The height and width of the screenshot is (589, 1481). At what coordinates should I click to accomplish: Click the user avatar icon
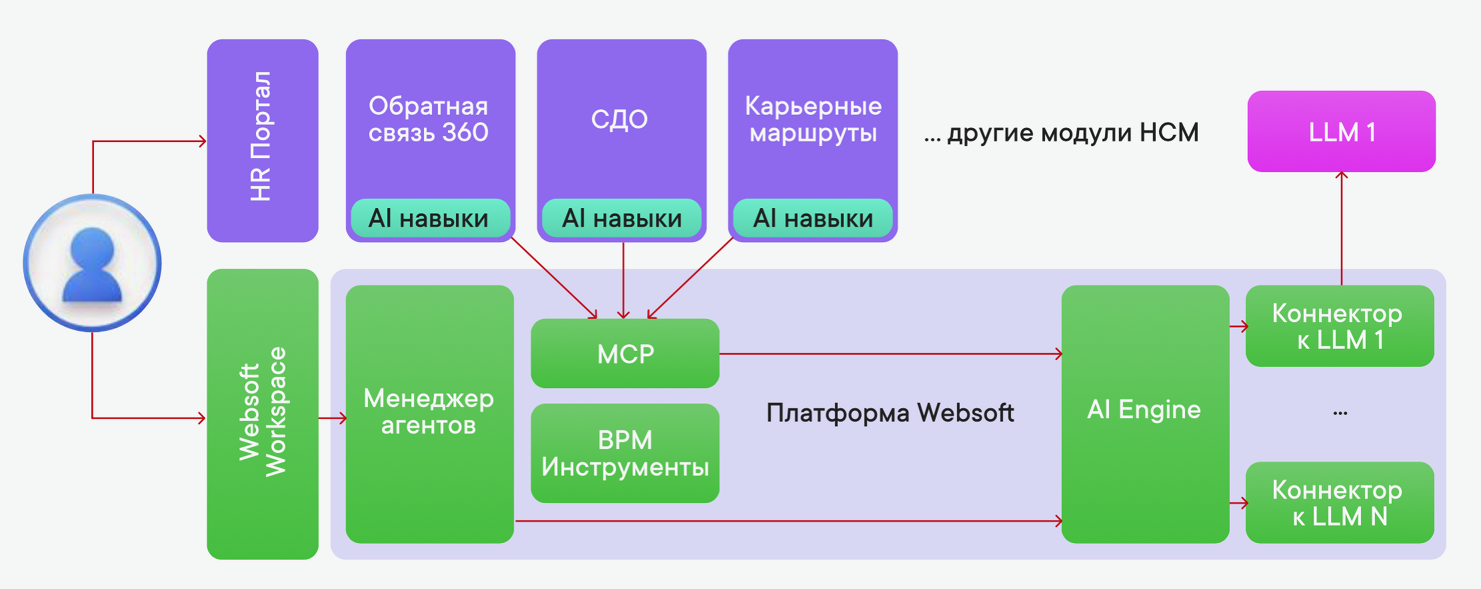(x=92, y=263)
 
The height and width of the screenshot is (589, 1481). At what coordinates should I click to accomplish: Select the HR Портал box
(x=262, y=140)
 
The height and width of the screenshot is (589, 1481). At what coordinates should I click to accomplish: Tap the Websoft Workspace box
(x=262, y=414)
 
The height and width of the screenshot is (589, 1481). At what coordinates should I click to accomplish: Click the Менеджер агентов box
(x=429, y=414)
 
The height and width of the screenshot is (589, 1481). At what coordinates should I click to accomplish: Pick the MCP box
(x=625, y=354)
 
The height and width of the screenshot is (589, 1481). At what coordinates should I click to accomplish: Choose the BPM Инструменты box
(x=625, y=453)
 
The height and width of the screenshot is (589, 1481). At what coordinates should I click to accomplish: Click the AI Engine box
(x=1144, y=414)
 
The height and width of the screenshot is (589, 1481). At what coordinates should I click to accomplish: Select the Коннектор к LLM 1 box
(x=1339, y=326)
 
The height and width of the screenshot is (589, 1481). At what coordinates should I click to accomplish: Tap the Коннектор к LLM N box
(x=1339, y=502)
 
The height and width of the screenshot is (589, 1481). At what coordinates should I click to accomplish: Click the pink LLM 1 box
(x=1341, y=131)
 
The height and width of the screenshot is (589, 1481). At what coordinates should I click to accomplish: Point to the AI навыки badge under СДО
(x=622, y=218)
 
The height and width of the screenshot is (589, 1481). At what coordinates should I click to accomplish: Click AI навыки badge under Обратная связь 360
(x=429, y=218)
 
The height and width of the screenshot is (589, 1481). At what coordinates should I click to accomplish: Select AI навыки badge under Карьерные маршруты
(x=812, y=218)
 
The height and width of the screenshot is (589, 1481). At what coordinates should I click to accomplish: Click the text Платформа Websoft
(x=890, y=413)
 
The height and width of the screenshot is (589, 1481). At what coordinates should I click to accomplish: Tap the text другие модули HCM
(x=1072, y=132)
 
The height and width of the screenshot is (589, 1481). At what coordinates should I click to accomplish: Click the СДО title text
(x=619, y=119)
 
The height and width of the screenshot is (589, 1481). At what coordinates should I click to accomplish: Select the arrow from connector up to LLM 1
(x=1341, y=227)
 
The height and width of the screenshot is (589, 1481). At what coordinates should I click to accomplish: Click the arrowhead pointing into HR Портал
(x=203, y=141)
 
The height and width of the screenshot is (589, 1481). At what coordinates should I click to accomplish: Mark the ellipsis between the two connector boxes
(x=1340, y=414)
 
